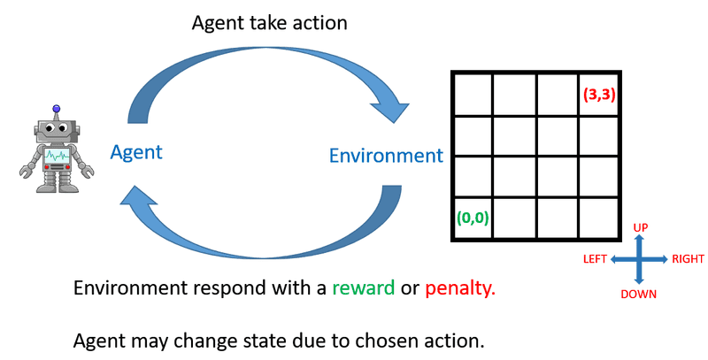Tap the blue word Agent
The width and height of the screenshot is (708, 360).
pos(136,152)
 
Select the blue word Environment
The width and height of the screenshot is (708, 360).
pos(385,157)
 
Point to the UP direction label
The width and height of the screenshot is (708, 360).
pos(642,228)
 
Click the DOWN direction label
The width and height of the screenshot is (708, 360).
pos(638,294)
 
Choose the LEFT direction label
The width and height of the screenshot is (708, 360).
pos(595,260)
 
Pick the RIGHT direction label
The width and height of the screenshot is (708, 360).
pos(688,260)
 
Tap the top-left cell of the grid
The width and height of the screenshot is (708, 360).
pos(472,95)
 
